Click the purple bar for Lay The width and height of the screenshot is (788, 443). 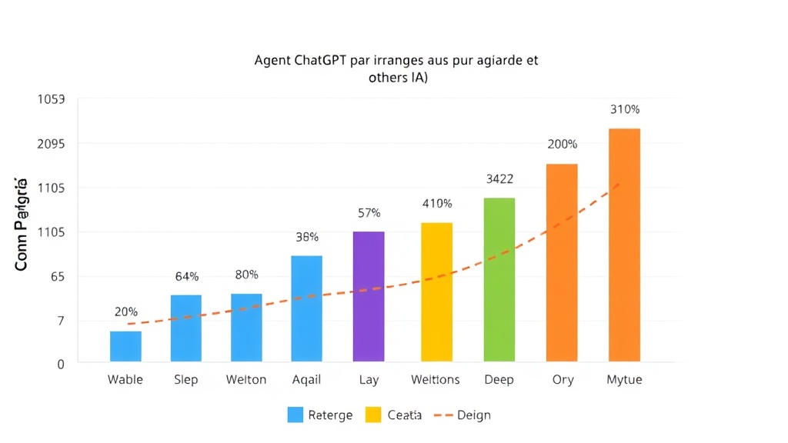pyautogui.click(x=369, y=296)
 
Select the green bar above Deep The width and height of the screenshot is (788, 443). pyautogui.click(x=499, y=279)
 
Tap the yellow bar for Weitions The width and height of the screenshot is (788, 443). pyautogui.click(x=437, y=291)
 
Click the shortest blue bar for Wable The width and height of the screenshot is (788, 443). pyautogui.click(x=125, y=346)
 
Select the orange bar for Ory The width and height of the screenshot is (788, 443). pyautogui.click(x=562, y=262)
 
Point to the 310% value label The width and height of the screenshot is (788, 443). pyautogui.click(x=625, y=109)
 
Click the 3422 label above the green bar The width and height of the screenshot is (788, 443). pyautogui.click(x=499, y=179)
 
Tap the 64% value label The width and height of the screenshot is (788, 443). pyautogui.click(x=186, y=276)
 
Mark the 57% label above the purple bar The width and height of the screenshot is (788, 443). pyautogui.click(x=369, y=213)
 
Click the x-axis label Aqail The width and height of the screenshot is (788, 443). pyautogui.click(x=307, y=380)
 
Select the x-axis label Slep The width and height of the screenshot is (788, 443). pyautogui.click(x=186, y=380)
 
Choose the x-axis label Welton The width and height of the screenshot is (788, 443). pyautogui.click(x=246, y=380)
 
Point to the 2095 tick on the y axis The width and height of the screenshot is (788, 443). pyautogui.click(x=51, y=144)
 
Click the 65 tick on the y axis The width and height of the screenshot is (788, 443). pyautogui.click(x=57, y=277)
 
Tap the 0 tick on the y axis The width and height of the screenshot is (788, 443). pyautogui.click(x=61, y=364)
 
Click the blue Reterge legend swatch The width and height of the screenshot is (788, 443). pyautogui.click(x=295, y=415)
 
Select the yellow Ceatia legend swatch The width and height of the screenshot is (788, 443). pyautogui.click(x=372, y=415)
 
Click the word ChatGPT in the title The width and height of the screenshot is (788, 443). pyautogui.click(x=320, y=61)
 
